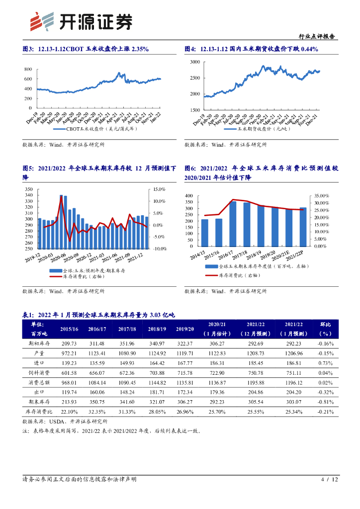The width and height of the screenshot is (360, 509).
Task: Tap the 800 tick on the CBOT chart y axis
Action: point(28,70)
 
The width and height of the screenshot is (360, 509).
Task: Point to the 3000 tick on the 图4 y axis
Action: point(195,62)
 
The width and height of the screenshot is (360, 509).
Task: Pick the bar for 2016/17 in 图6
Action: point(233,224)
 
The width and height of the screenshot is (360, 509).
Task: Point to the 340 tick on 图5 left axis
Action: point(28,195)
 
